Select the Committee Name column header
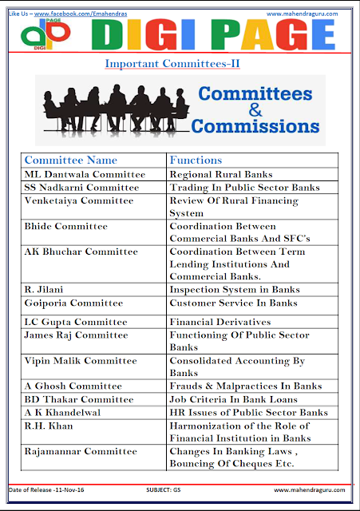point(71,160)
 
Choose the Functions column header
point(196,160)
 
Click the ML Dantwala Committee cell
point(85,173)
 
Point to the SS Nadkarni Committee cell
point(81,188)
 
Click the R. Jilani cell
point(45,289)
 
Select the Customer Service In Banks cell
point(233,303)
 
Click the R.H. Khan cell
point(47,426)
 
